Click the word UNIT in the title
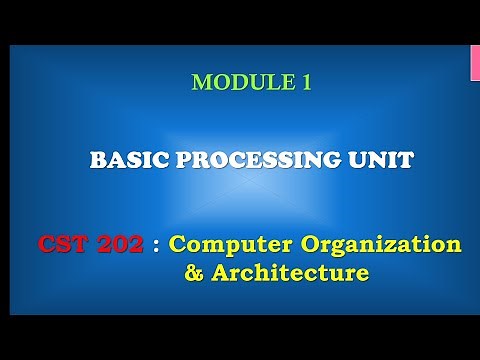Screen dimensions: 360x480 coord(384,159)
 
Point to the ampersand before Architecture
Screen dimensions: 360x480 coord(194,272)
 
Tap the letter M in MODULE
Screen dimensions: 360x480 coord(200,83)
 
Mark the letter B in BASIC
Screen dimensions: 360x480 coord(97,159)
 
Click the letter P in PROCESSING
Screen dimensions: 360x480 coord(183,159)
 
